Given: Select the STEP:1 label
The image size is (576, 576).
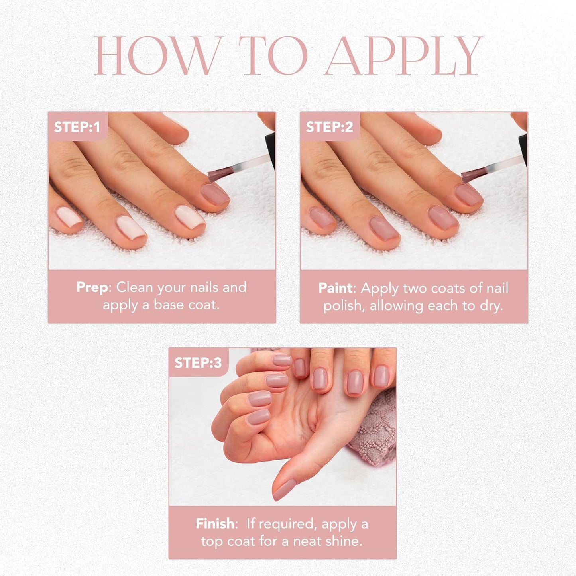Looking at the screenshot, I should pos(77,127).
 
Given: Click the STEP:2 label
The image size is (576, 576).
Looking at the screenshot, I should pos(329,127).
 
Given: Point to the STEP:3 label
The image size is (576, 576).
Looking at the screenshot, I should pos(198,362).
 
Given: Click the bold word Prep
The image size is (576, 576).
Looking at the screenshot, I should pos(92,287).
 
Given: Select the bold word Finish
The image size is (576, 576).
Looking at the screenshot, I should pos(215,523).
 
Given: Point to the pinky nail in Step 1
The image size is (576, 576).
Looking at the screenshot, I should pos(68,217).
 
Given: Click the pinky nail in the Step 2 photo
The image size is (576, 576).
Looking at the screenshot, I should pos(322,218).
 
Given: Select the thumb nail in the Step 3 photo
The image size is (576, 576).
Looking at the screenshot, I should pos(284,490).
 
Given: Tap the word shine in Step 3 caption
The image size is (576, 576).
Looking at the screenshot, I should pos(345,541).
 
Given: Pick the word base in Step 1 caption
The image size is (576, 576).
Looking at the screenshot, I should pos(169,305).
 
